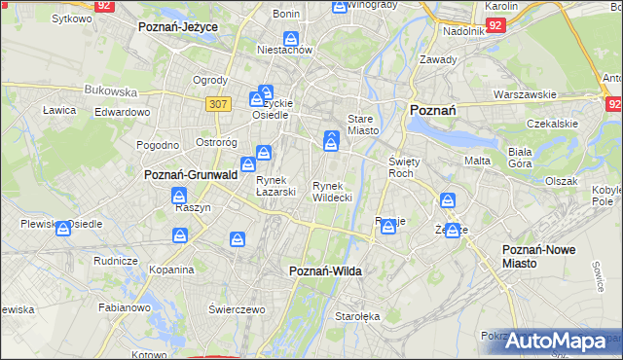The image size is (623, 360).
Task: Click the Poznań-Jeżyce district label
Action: click(x=178, y=27)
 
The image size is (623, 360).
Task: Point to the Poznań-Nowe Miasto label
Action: click(x=538, y=256)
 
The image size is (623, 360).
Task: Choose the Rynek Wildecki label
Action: click(x=332, y=191)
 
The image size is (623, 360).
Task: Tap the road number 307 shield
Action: click(x=218, y=103)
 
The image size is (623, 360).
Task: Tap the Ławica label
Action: click(x=59, y=110)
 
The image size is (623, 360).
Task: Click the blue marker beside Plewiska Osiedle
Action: click(x=63, y=229)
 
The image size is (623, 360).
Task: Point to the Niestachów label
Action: click(x=283, y=49)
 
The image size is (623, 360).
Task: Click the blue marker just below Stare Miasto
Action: click(x=331, y=141)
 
